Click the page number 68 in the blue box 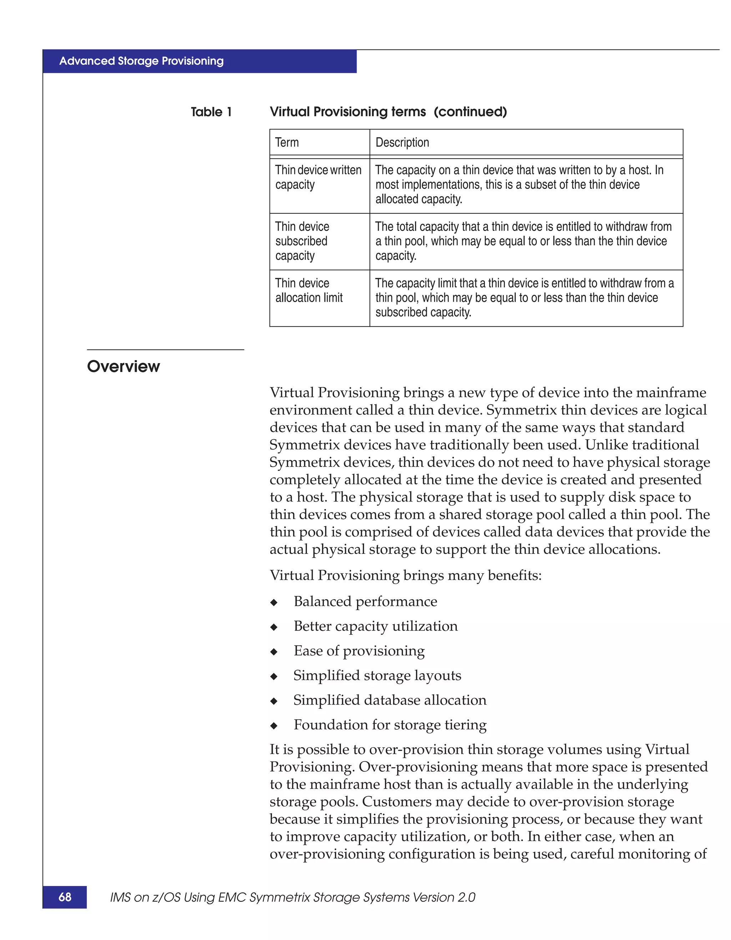tap(65, 897)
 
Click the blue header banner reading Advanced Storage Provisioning tap(199, 61)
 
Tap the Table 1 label tap(211, 112)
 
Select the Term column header tap(287, 142)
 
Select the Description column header tap(402, 142)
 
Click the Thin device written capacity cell tap(319, 177)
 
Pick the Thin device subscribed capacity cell tap(302, 241)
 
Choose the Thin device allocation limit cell tap(309, 291)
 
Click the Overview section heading tap(123, 366)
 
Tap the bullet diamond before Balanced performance tap(274, 603)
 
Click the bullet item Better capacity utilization tap(375, 626)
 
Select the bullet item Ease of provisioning tap(359, 651)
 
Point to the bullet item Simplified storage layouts tap(377, 675)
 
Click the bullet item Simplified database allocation tap(390, 700)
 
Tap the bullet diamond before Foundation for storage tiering tap(274, 726)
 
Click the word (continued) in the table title tap(470, 112)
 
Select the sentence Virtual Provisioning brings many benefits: tap(405, 575)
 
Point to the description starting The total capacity tap(523, 241)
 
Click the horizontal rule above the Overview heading tap(166, 350)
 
